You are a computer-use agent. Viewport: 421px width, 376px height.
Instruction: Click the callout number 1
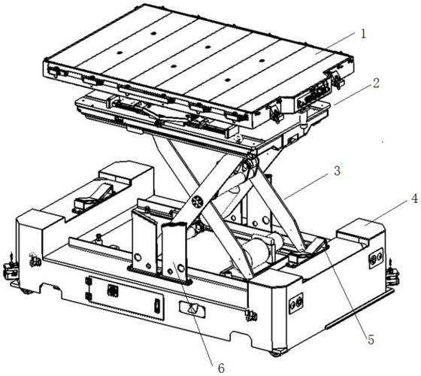click(x=363, y=35)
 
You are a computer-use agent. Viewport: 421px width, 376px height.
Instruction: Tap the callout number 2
click(x=376, y=83)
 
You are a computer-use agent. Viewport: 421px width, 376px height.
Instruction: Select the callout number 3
click(x=337, y=171)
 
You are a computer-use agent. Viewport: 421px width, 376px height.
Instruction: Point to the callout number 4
click(x=414, y=199)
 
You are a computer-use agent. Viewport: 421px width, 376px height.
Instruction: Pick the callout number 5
click(x=371, y=340)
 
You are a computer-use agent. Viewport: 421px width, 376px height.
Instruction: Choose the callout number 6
click(x=221, y=368)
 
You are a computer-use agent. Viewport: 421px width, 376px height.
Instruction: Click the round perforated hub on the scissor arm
click(x=198, y=202)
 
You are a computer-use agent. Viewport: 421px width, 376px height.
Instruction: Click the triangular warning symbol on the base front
click(x=192, y=308)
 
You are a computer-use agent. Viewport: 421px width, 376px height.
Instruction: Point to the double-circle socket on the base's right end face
click(x=295, y=304)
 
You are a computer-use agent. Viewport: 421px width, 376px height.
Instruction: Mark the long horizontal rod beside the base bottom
click(x=360, y=308)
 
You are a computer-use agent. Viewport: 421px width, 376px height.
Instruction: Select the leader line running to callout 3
click(x=307, y=186)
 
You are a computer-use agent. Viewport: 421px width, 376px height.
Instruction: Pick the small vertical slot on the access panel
click(x=156, y=306)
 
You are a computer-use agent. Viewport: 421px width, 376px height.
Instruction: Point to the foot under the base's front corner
click(x=278, y=353)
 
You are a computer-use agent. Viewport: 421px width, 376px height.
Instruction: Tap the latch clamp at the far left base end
click(x=9, y=270)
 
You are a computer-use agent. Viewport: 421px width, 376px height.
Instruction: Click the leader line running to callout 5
click(x=345, y=290)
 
